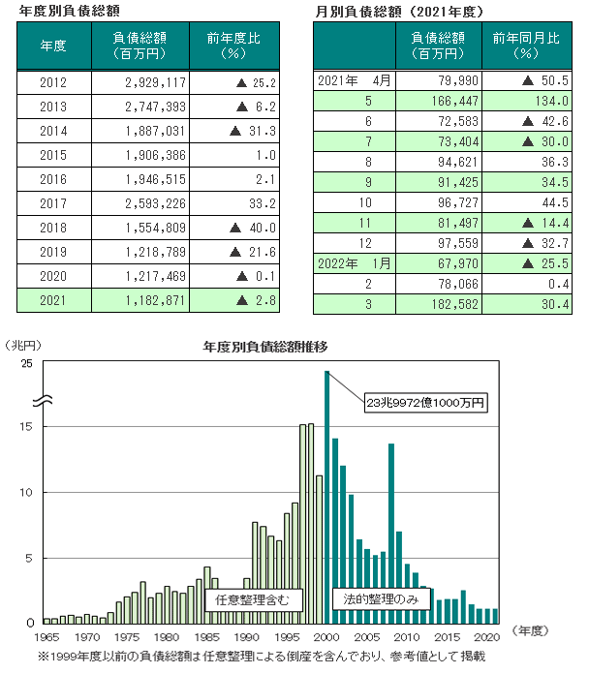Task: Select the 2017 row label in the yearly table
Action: coord(54,203)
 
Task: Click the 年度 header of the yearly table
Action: coord(54,46)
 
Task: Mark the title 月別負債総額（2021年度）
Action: coord(404,10)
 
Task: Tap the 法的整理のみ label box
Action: coord(381,600)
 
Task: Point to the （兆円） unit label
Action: coord(23,344)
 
